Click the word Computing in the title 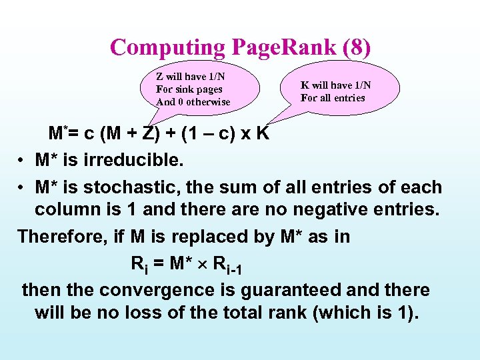(x=169, y=48)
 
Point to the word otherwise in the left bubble (x=208, y=102)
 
